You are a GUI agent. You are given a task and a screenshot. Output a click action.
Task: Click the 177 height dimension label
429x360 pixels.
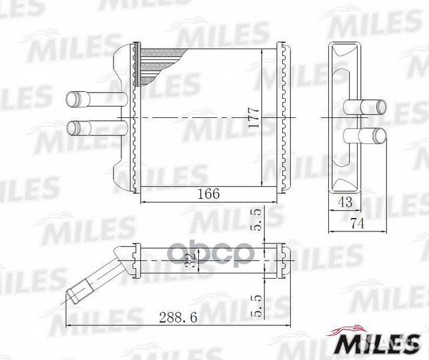254,117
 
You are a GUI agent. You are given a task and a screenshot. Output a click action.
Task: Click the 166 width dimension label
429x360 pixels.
209,194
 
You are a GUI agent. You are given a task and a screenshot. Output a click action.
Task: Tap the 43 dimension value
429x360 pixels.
345,202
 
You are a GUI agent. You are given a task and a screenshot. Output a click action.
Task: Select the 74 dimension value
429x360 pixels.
358,223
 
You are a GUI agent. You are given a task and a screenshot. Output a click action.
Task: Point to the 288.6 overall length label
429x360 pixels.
178,317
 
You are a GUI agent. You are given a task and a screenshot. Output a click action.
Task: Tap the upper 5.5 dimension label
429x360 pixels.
257,221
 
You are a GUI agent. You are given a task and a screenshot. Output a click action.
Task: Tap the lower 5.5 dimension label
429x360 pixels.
257,307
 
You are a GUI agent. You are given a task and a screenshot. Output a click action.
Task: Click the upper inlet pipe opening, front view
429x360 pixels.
71,100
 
